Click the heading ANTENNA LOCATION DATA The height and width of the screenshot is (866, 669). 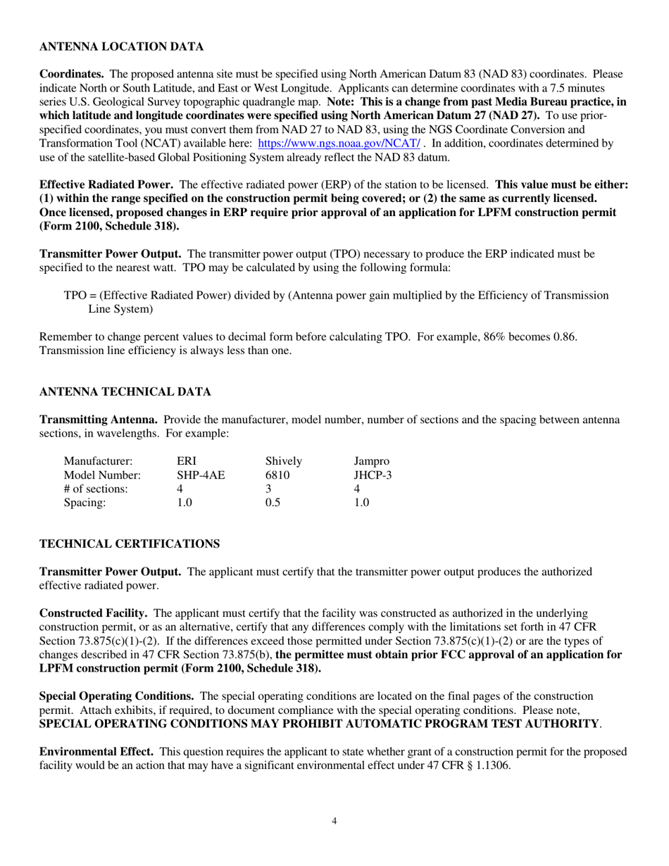point(121,46)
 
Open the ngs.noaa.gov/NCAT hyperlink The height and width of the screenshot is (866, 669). point(340,143)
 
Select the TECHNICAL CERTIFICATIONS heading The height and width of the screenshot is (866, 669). point(129,544)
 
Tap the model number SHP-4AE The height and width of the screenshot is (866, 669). point(201,475)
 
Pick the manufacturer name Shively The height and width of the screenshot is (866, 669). point(284,461)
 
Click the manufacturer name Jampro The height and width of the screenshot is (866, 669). point(371,461)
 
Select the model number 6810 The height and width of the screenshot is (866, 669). point(277,475)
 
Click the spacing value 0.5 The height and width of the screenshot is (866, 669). point(272,503)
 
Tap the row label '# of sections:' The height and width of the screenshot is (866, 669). point(96,489)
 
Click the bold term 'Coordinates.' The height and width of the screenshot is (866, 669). point(72,73)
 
